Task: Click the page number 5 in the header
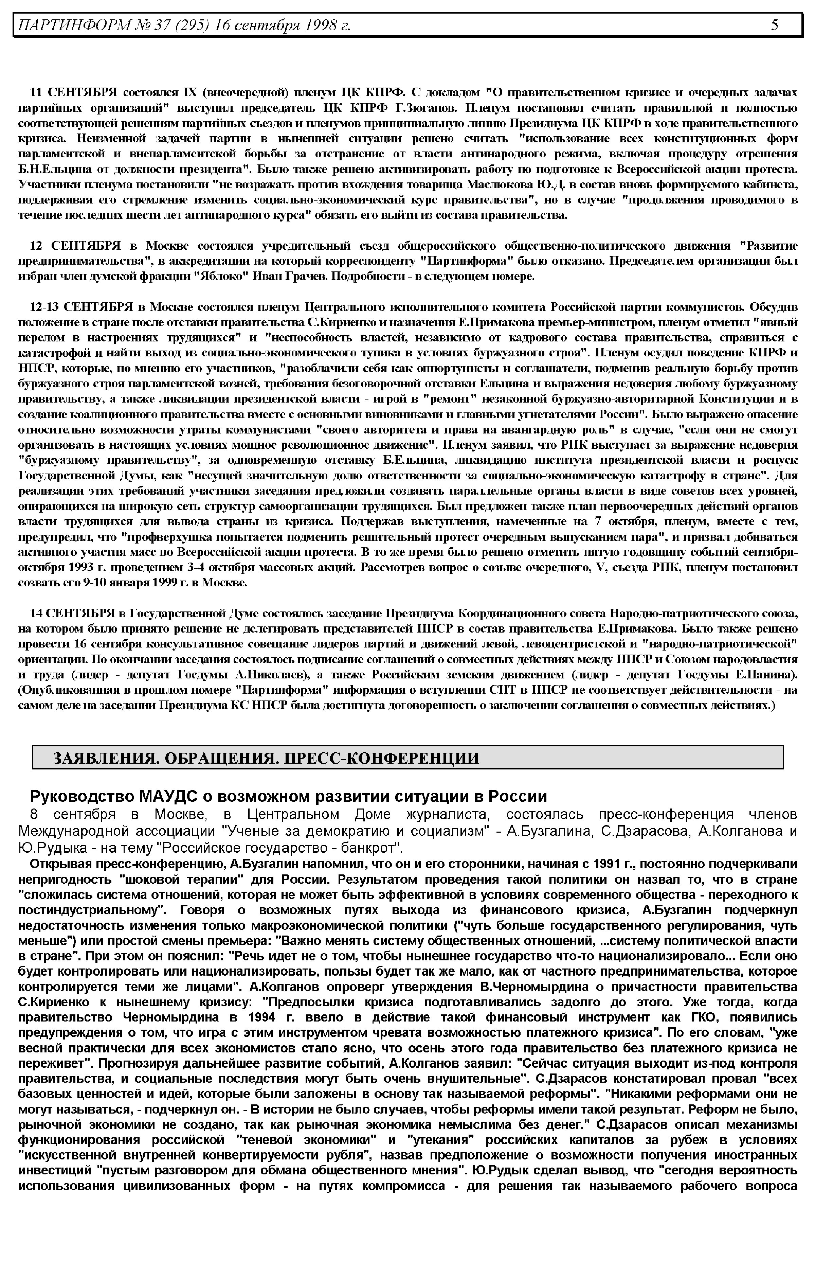[x=774, y=25]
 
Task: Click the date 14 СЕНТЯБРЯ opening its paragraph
[x=73, y=614]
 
